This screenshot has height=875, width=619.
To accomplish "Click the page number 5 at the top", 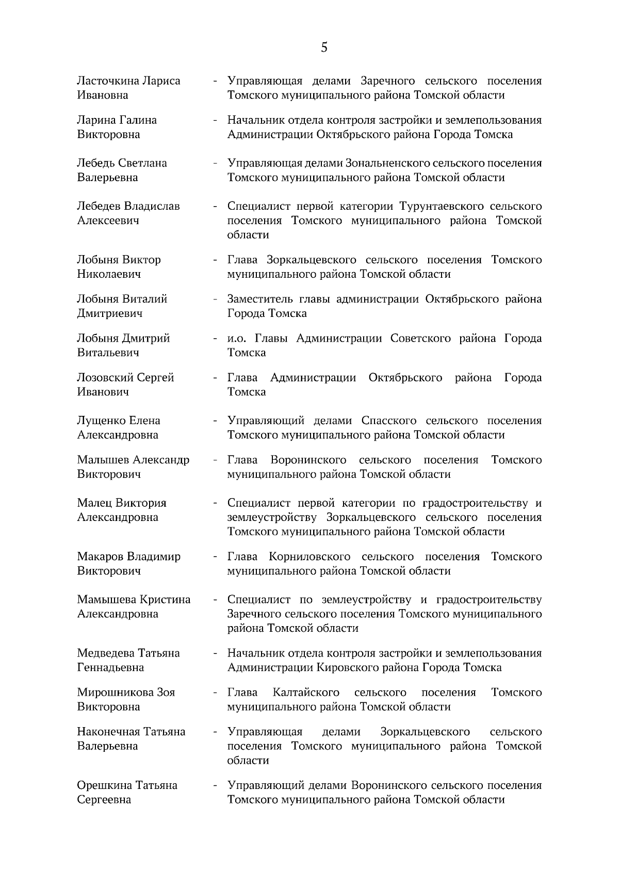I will tap(324, 48).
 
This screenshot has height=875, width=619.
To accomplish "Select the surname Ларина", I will tap(96, 120).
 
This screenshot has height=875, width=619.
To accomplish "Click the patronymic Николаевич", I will tap(109, 274).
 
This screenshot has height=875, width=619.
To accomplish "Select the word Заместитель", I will tap(259, 299).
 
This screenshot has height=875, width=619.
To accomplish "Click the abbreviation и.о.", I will tap(238, 339).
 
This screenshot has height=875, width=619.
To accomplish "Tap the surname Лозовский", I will tap(105, 378).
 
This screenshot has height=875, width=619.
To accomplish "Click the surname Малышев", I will tap(103, 460).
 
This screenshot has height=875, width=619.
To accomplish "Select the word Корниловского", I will tap(309, 557).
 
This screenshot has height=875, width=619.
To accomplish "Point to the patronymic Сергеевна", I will tap(104, 800).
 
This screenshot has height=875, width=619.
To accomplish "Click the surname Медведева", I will tap(106, 653).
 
